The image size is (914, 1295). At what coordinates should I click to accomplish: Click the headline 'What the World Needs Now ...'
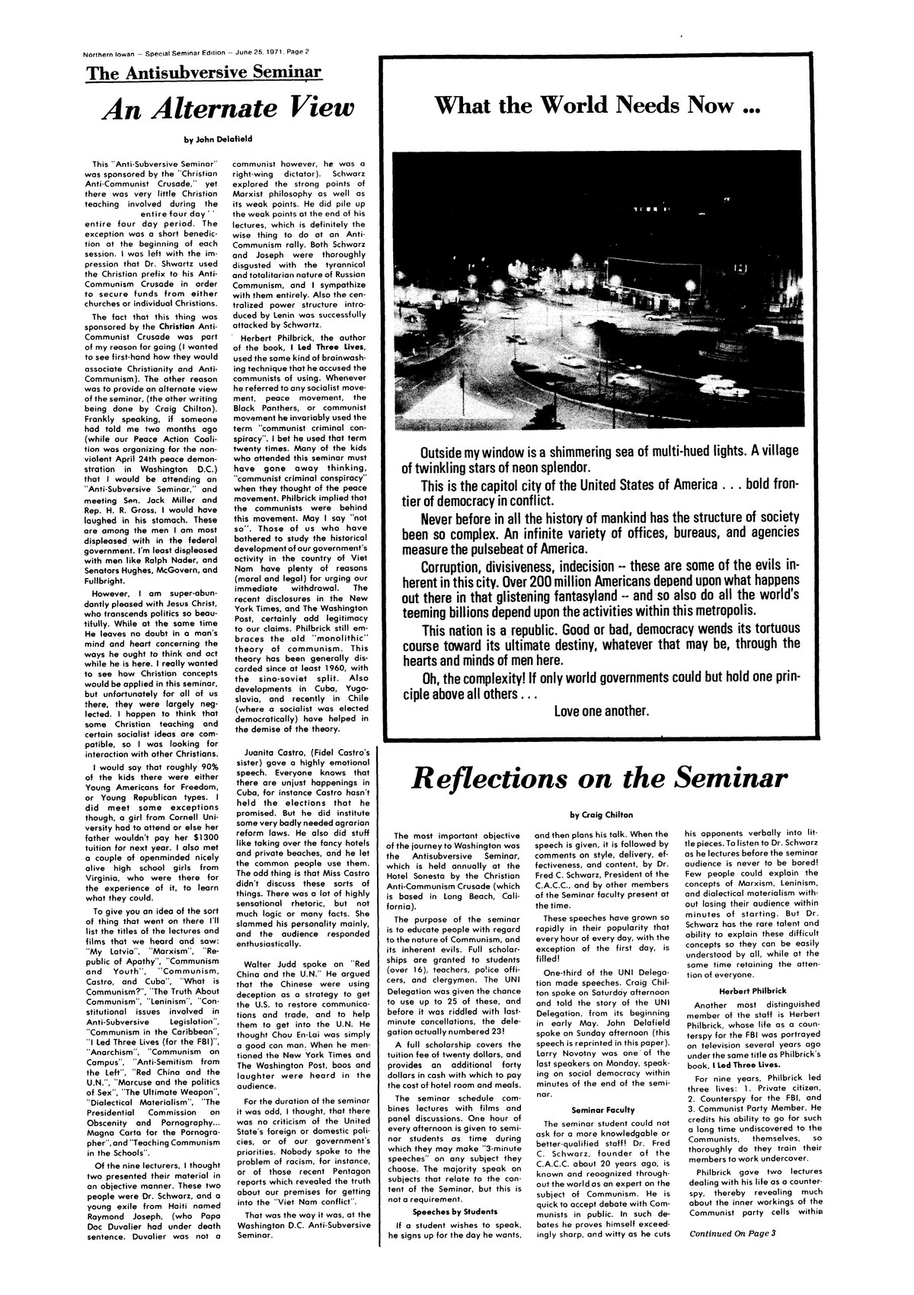pos(596,104)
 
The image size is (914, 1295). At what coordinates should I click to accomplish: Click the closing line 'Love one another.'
pos(602,711)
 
